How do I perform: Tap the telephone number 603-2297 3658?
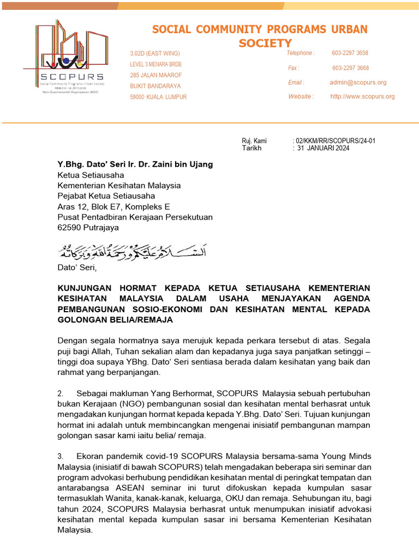click(350, 53)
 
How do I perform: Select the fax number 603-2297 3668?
click(350, 68)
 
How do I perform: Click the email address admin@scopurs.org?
click(358, 82)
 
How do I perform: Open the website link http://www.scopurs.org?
click(362, 96)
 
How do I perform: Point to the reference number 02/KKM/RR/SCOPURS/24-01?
click(336, 141)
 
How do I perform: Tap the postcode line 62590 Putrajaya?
click(88, 228)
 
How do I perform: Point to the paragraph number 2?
click(61, 393)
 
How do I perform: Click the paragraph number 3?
click(61, 455)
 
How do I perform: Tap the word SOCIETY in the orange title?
click(265, 43)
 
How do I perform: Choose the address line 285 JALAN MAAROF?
click(156, 75)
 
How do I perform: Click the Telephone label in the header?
click(301, 53)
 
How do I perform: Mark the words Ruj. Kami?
click(254, 141)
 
